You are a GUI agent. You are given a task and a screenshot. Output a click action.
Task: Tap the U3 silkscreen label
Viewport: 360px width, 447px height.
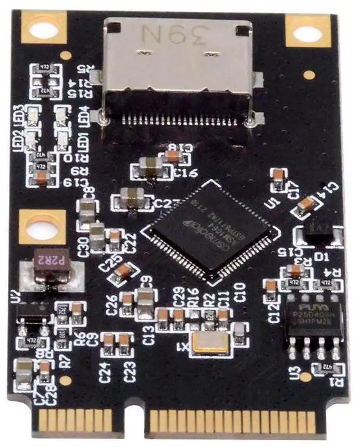pos(292,372)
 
